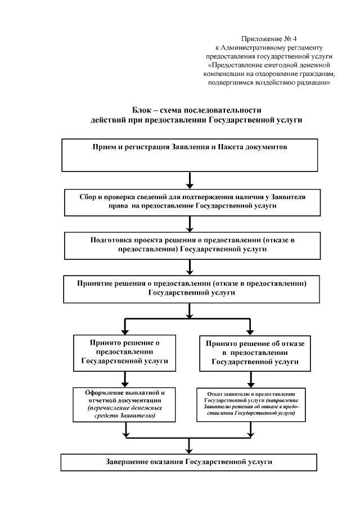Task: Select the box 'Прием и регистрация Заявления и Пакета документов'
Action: (190, 154)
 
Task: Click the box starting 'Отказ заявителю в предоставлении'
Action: (251, 404)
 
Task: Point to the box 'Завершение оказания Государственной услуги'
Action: (190, 462)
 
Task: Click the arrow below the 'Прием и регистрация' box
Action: (190, 180)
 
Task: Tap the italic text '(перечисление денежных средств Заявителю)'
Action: (125, 412)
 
